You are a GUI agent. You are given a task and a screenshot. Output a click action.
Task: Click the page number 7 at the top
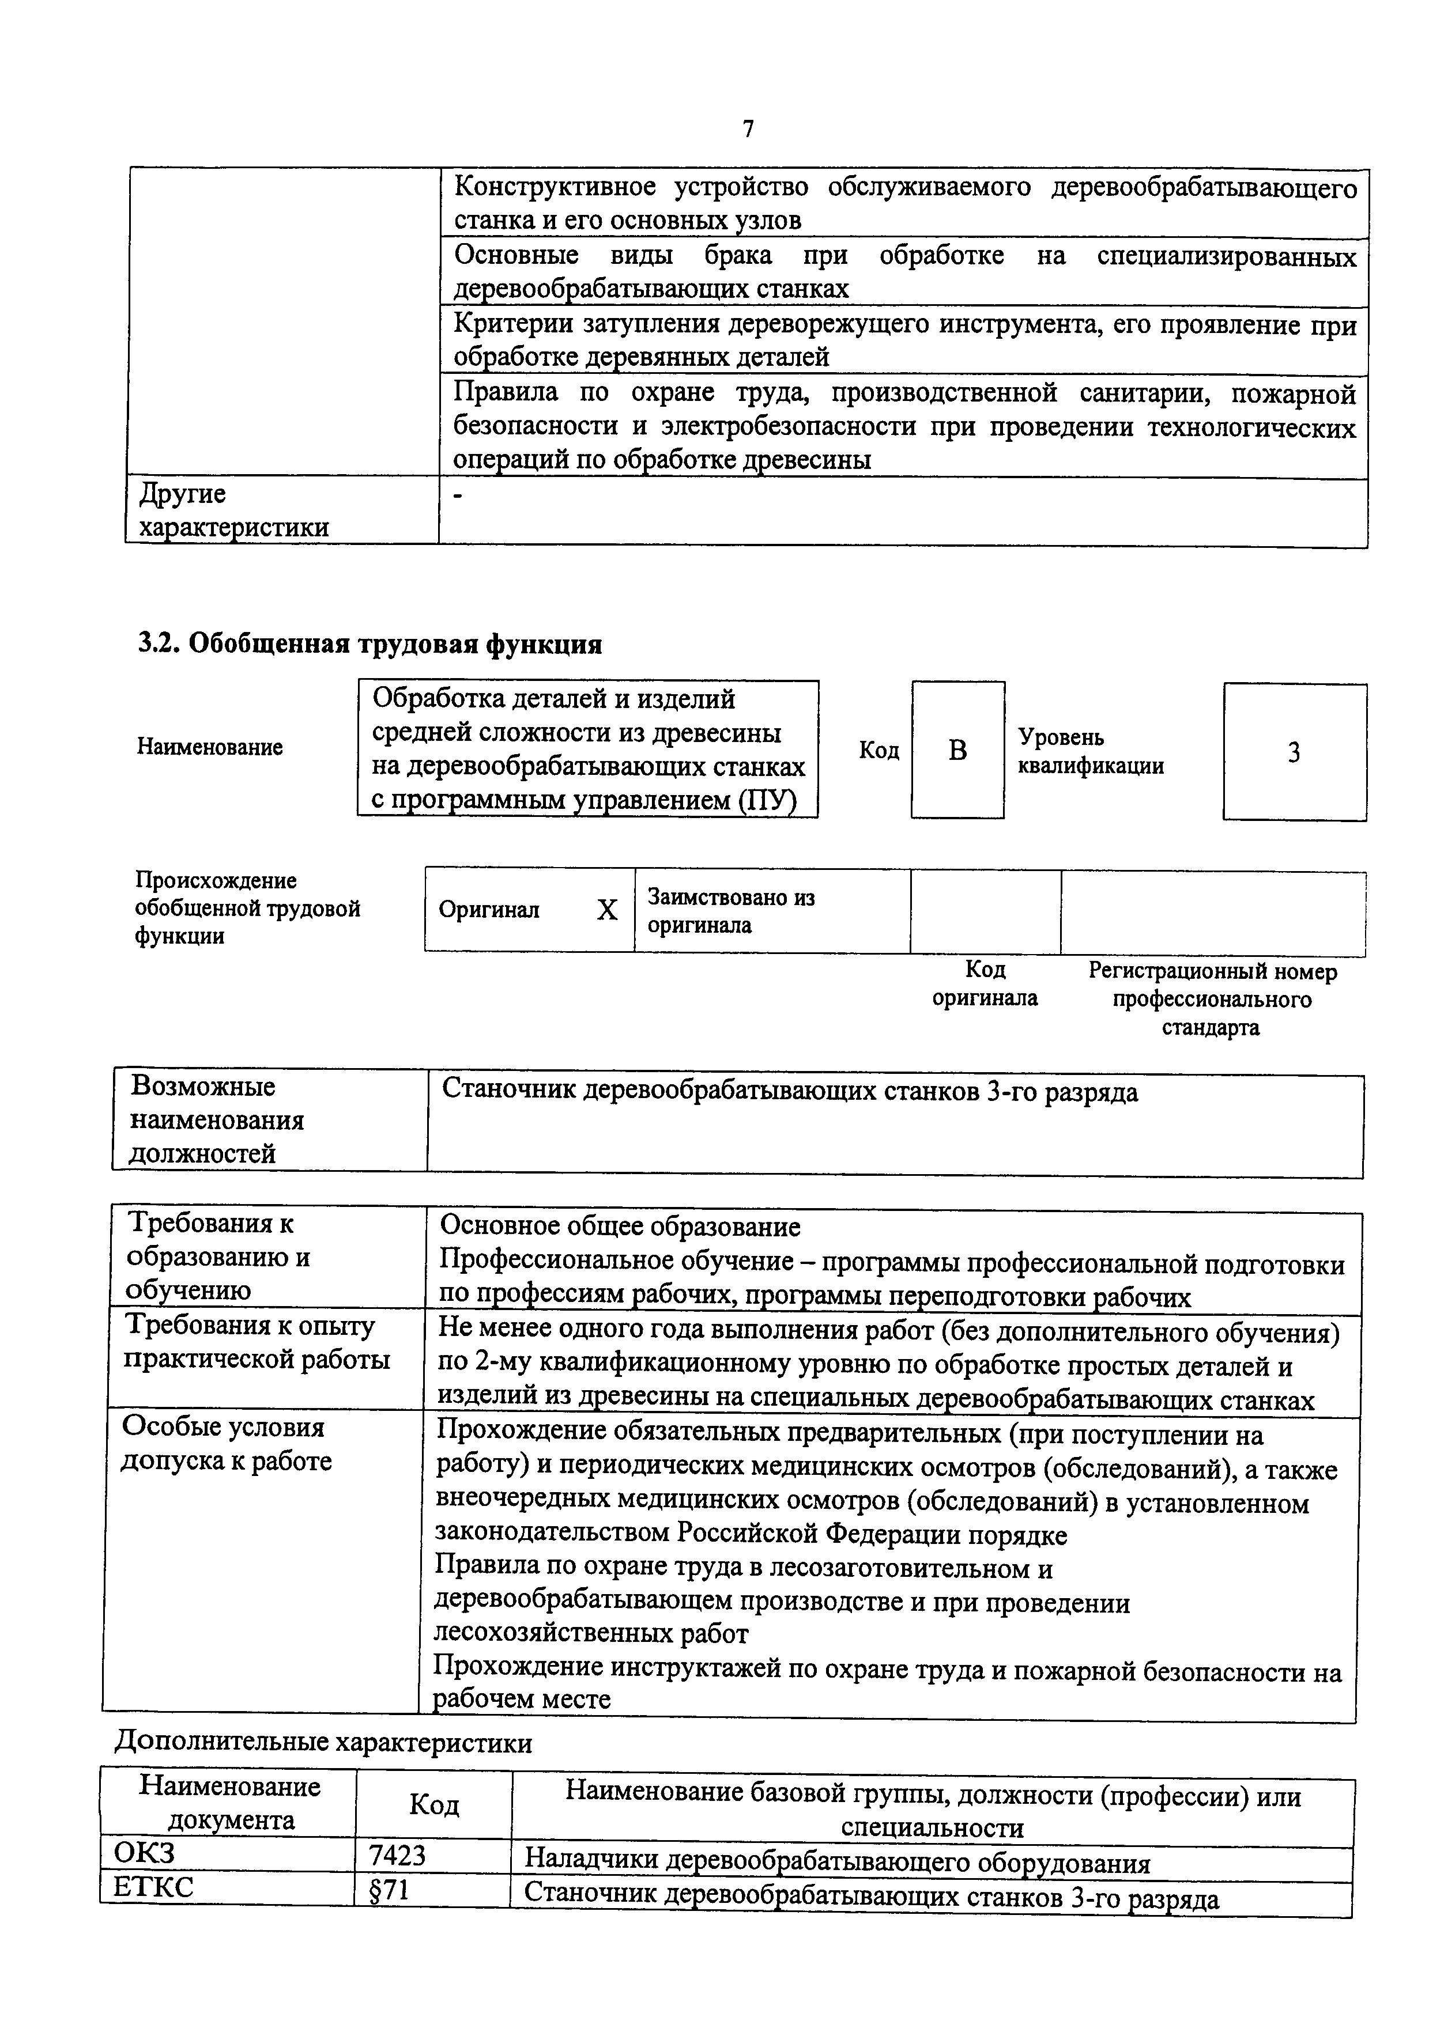tap(748, 130)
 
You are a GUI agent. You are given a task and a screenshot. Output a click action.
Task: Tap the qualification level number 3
tap(1294, 752)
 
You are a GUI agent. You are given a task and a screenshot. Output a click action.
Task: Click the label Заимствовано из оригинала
tap(731, 911)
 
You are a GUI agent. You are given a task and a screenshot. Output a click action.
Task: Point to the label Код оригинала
tap(985, 983)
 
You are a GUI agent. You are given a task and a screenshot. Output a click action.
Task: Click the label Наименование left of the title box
tap(210, 747)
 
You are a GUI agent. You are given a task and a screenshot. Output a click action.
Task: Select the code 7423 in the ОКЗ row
tap(397, 1856)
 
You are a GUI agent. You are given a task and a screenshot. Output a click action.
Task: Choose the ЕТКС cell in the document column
tap(153, 1887)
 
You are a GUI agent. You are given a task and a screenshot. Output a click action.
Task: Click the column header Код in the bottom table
tap(434, 1806)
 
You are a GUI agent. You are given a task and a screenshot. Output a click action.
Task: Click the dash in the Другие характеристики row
tap(457, 497)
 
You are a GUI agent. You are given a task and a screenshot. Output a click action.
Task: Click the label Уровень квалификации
tap(1090, 751)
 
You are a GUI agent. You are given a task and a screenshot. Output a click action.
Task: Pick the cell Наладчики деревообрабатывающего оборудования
tap(838, 1863)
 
